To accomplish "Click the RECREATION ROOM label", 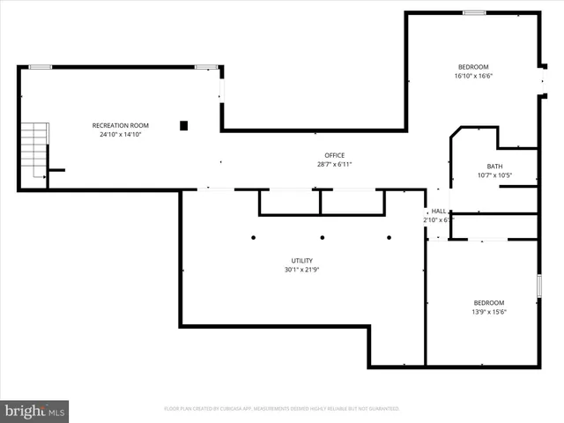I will pos(121,125).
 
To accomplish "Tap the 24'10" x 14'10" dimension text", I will pos(121,135).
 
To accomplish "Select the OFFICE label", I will pos(334,155).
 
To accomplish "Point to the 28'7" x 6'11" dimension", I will pos(334,164).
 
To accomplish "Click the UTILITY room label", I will pos(301,260).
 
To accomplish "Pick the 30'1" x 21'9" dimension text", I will pos(301,269).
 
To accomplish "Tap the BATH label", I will pos(495,166).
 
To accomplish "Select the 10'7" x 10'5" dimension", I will pos(495,174).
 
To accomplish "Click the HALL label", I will pos(438,211).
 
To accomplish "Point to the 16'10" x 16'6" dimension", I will pos(473,76).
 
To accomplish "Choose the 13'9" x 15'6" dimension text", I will pos(489,311).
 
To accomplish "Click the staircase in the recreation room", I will pos(34,150).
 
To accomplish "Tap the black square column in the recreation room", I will pos(184,125).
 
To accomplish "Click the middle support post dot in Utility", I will pos(323,237).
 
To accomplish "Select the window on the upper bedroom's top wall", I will pos(474,12).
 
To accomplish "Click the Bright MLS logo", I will pos(35,411).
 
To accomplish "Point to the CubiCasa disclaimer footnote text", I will pos(282,409).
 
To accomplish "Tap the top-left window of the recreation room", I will pos(40,67).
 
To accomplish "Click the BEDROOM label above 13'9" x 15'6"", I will pos(489,302).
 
